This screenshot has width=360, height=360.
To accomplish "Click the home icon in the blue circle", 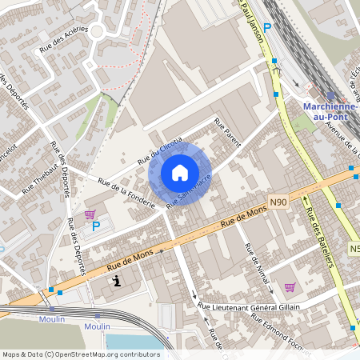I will click(180, 173).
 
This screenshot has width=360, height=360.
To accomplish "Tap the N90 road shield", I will click(278, 206).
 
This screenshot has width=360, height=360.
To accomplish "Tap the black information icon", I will click(118, 281).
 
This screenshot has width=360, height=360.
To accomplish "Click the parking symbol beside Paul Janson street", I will click(268, 26).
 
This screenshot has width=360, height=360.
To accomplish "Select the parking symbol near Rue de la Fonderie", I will click(96, 226).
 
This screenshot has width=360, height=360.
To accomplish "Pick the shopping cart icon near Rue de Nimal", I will click(290, 287).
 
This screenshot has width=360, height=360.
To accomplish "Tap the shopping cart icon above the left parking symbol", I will click(90, 214).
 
